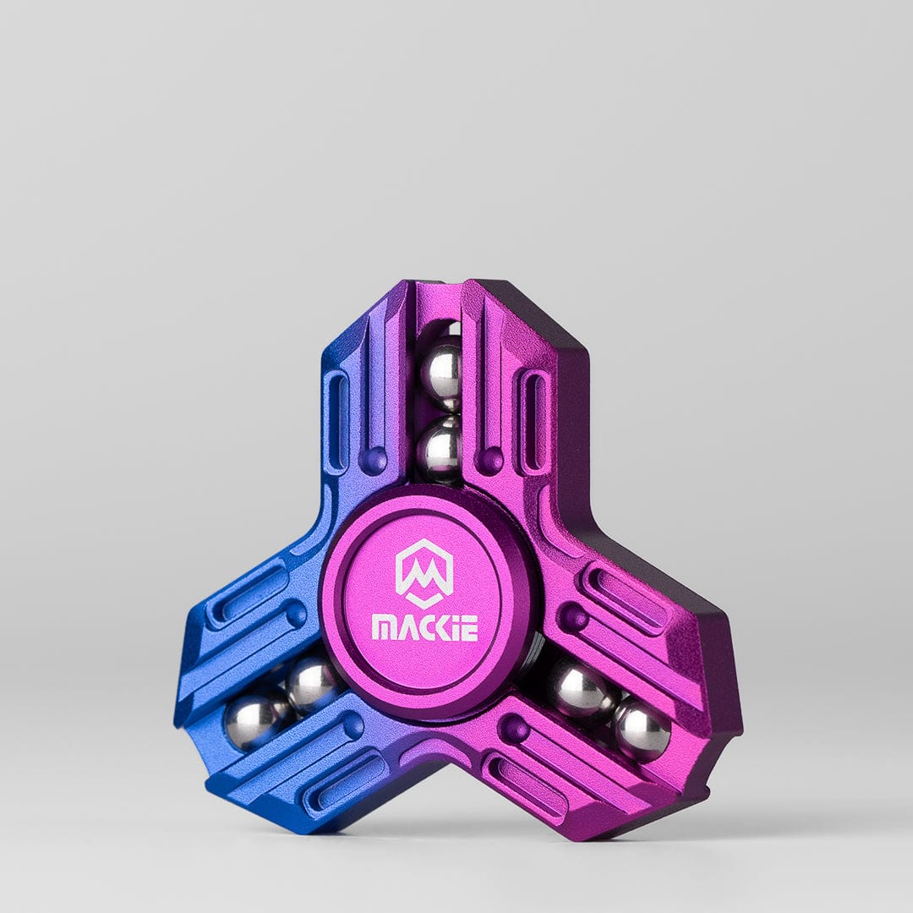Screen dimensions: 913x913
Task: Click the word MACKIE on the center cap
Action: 424,627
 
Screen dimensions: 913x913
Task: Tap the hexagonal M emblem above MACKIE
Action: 424,573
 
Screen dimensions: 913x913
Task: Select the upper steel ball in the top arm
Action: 442,370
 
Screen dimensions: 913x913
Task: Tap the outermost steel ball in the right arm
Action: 642,728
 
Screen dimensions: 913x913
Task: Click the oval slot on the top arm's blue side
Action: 336,420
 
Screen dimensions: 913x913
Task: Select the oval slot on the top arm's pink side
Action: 534,420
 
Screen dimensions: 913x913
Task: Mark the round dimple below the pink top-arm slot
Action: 490,460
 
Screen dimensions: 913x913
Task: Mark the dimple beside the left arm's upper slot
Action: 295,615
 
